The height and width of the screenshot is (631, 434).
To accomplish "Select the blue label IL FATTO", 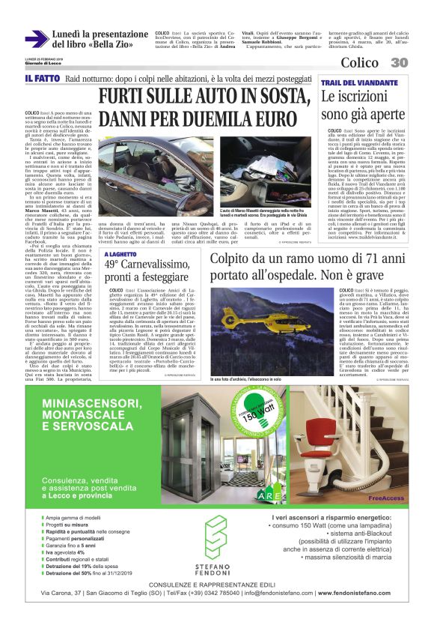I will point(40,79).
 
